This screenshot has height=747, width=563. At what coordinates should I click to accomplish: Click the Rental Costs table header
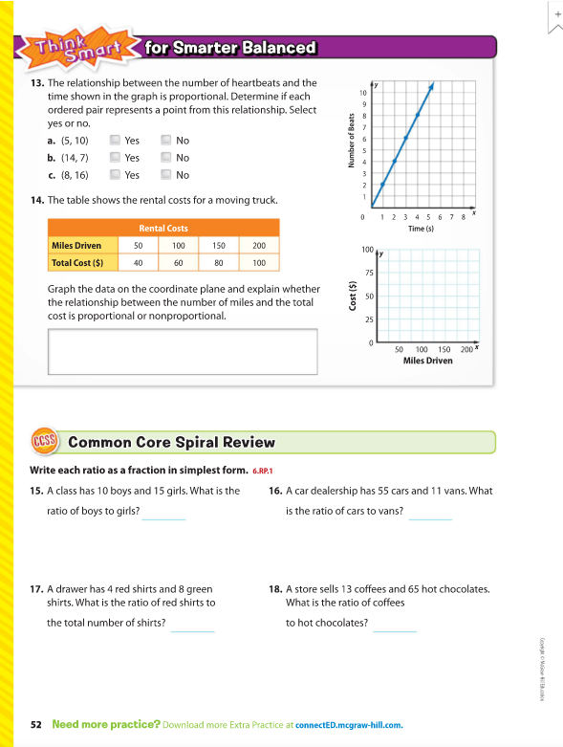[163, 229]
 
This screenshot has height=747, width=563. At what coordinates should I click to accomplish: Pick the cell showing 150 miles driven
[219, 246]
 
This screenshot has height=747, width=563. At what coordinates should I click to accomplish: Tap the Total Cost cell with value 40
[138, 262]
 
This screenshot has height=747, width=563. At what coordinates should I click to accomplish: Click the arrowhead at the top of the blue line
[431, 86]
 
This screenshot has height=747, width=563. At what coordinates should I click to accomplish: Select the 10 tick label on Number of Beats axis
[363, 93]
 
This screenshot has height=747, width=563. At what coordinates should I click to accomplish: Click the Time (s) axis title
[421, 229]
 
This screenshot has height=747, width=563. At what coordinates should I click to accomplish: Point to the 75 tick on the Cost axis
[369, 273]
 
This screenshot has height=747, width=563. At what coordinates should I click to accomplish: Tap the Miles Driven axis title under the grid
[428, 361]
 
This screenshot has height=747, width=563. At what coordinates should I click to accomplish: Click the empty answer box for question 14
[183, 352]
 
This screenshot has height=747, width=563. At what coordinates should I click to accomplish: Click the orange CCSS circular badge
[44, 441]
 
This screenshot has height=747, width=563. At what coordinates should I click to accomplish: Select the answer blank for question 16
[430, 518]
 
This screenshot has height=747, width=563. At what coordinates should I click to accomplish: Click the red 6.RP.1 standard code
[263, 471]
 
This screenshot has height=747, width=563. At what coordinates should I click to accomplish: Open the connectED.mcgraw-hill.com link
[349, 725]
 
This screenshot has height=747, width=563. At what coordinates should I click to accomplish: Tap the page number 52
[36, 725]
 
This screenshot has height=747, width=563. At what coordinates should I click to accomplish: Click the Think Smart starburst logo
[78, 49]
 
